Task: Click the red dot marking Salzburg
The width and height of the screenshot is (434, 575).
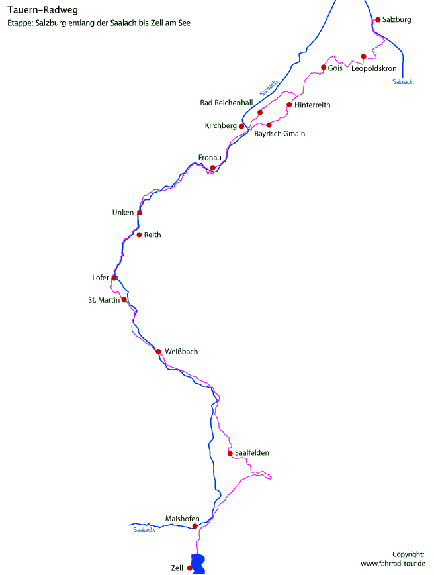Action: coord(378,20)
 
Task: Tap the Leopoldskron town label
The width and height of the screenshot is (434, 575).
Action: coord(374,68)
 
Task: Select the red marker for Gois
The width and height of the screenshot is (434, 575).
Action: coord(324,68)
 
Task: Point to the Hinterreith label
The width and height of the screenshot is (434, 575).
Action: coord(312,105)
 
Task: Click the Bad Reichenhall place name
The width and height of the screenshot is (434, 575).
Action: coord(227,103)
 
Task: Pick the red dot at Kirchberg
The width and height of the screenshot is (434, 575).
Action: coord(242,126)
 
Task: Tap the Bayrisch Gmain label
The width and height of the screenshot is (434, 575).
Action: coord(280,134)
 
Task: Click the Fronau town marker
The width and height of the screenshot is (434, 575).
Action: coord(213,168)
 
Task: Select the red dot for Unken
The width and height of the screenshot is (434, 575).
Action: coord(140,213)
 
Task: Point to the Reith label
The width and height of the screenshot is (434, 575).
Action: coord(152,235)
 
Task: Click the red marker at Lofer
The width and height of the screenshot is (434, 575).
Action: coord(114,278)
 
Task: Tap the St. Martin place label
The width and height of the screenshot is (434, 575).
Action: coord(104,300)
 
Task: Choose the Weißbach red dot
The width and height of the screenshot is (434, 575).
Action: coord(158,352)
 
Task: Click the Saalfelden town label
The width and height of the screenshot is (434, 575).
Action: coord(252,453)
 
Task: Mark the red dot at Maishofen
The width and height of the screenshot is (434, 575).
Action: coord(195,527)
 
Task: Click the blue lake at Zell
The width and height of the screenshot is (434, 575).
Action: coord(198,563)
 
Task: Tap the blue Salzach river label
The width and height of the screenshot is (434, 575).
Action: coord(403,81)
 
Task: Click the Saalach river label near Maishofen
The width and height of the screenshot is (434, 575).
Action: coord(144,530)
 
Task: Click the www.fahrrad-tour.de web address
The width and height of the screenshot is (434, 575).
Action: coord(392,563)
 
